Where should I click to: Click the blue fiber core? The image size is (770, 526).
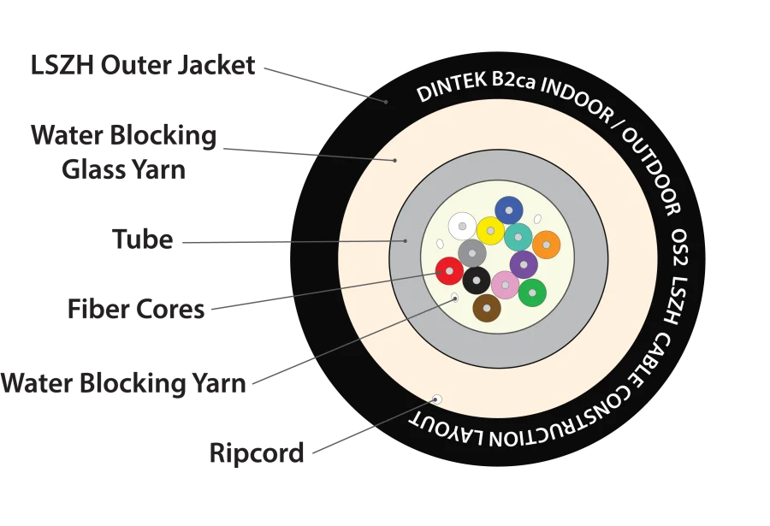(x=509, y=210)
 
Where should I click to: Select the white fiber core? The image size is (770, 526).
(x=462, y=226)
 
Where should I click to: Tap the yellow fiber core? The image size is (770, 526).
(x=490, y=231)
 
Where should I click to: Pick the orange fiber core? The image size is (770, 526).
(x=546, y=245)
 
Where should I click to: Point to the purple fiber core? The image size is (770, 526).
(x=524, y=264)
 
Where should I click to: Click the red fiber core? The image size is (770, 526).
(x=449, y=271)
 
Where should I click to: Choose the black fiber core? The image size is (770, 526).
(x=477, y=280)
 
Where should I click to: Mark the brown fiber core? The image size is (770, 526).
(x=487, y=308)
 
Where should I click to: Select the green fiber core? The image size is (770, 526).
(x=532, y=293)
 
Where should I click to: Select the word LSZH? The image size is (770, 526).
(x=676, y=299)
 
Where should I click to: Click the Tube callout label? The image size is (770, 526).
(x=145, y=242)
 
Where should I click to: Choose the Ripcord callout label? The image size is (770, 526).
(x=257, y=452)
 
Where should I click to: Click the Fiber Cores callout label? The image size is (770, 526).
(x=137, y=308)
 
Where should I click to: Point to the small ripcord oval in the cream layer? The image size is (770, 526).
(x=437, y=399)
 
